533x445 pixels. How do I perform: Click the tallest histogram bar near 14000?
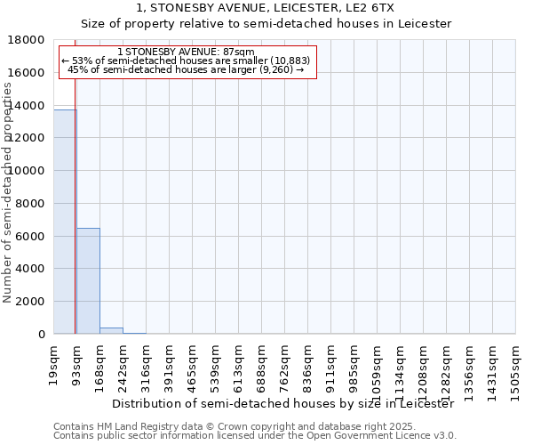tap(64, 222)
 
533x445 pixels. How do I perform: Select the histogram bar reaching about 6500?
tap(88, 280)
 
